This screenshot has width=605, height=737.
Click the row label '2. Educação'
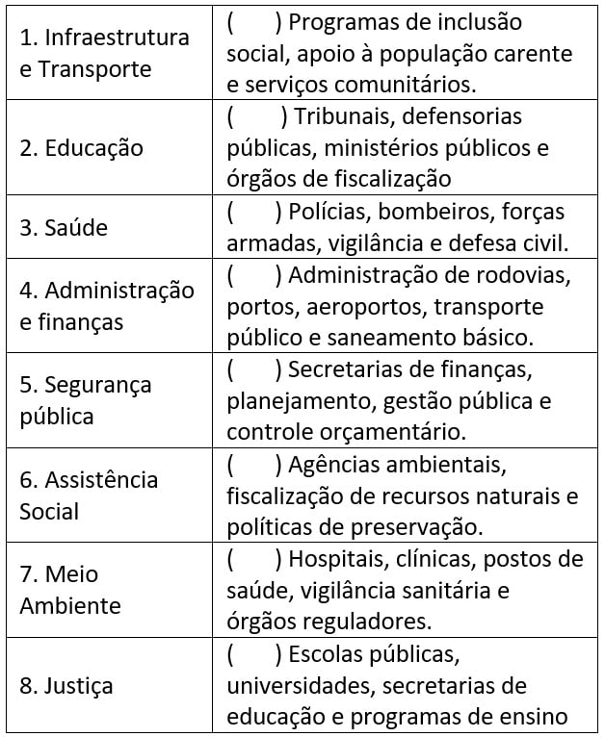(81, 148)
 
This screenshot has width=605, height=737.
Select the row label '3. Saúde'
(64, 228)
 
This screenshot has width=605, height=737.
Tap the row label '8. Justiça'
(66, 686)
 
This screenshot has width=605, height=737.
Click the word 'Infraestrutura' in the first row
(118, 38)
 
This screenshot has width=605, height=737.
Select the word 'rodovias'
(526, 275)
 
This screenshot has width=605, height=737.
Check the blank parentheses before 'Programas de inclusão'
(252, 22)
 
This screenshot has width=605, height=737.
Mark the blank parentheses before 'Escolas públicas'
(252, 655)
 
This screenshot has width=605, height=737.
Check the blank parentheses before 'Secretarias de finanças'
(252, 369)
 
